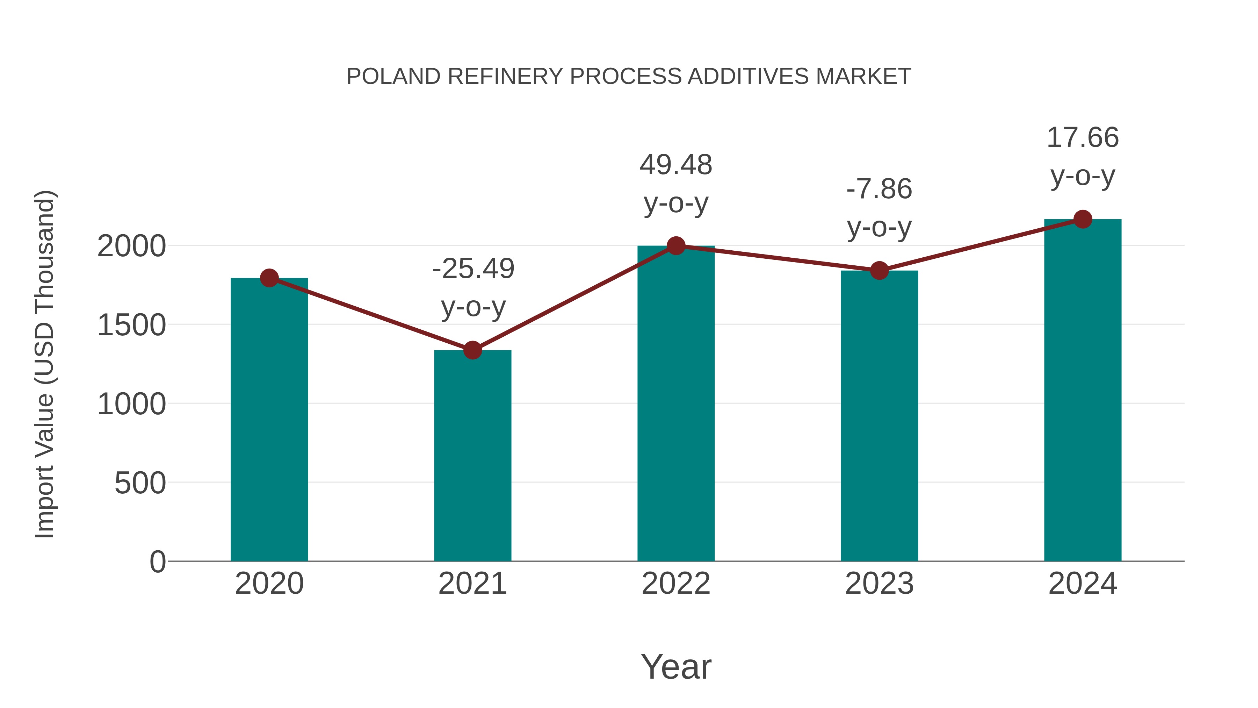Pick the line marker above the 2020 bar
coord(269,278)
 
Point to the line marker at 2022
coord(676,246)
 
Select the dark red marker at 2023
coord(879,270)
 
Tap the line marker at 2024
coord(1083,219)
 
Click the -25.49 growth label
coord(473,269)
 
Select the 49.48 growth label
coord(676,165)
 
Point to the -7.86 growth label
coord(879,189)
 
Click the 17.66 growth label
coord(1083,137)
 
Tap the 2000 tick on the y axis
coord(131,246)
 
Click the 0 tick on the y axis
coord(158,562)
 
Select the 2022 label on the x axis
coord(676,584)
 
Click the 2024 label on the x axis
coord(1083,584)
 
